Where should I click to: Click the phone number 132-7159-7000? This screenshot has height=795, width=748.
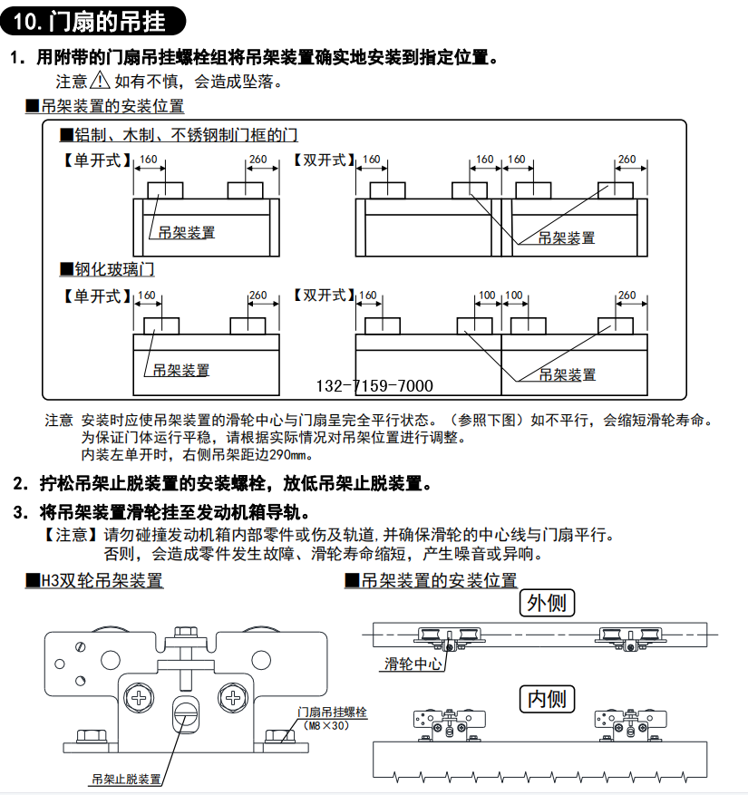374,385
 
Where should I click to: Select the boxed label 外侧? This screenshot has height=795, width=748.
547,602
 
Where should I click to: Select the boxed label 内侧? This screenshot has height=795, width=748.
547,698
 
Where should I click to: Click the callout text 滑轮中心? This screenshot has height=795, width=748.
413,664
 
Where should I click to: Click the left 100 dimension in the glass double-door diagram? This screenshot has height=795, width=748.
487,296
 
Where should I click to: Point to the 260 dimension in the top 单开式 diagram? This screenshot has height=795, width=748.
257,160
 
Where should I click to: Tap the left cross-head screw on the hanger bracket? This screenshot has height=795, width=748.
141,698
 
